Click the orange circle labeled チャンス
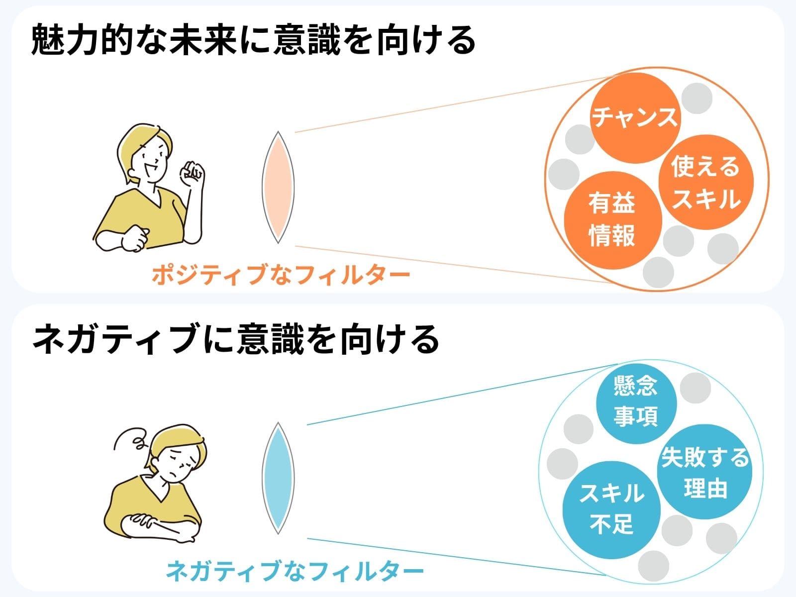[635, 118]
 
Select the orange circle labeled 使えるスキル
[705, 182]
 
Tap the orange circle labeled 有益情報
[612, 220]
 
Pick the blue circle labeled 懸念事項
[636, 404]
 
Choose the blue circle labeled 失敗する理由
[704, 472]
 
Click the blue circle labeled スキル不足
[611, 509]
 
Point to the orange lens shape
[278, 187]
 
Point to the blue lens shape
[278, 478]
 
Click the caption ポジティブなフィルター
[281, 275]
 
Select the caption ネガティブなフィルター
[295, 571]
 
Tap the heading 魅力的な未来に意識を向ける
[254, 40]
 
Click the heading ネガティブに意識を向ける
[236, 339]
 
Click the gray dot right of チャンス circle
[696, 98]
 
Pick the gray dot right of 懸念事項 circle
[695, 388]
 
